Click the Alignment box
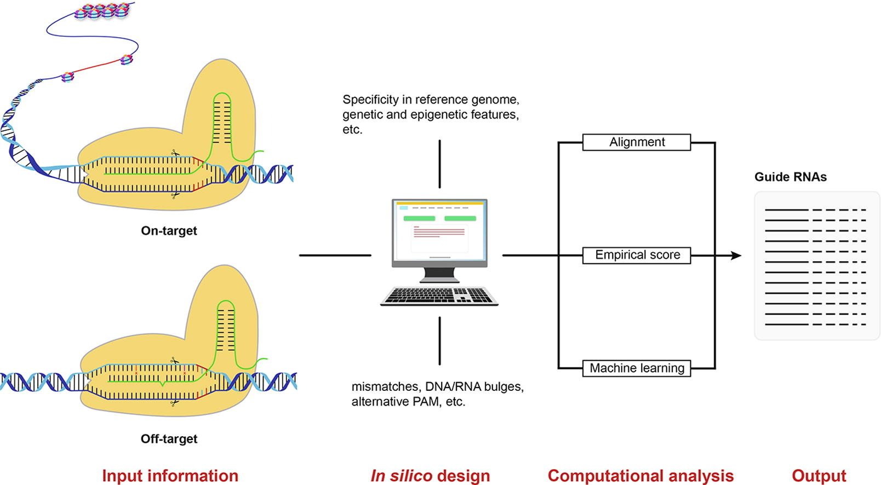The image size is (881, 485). pos(636,142)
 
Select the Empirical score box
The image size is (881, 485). pos(636,255)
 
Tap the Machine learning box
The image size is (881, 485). pos(636,368)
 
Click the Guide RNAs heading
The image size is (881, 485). pos(791,177)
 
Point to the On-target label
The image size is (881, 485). pos(169,230)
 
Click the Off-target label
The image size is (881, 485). pos(169,438)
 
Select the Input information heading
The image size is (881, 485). pos(170,476)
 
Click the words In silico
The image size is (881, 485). pos(401,476)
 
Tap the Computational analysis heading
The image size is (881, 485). pos(640,476)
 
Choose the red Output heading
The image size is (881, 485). pos(819,476)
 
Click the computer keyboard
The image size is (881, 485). pos(439,296)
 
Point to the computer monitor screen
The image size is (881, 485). pos(440,230)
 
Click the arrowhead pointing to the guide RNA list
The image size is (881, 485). pos(736,256)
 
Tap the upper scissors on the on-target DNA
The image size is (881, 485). pos(175,153)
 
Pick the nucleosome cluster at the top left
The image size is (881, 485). pos(102,10)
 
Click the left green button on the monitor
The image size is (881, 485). pos(419,218)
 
